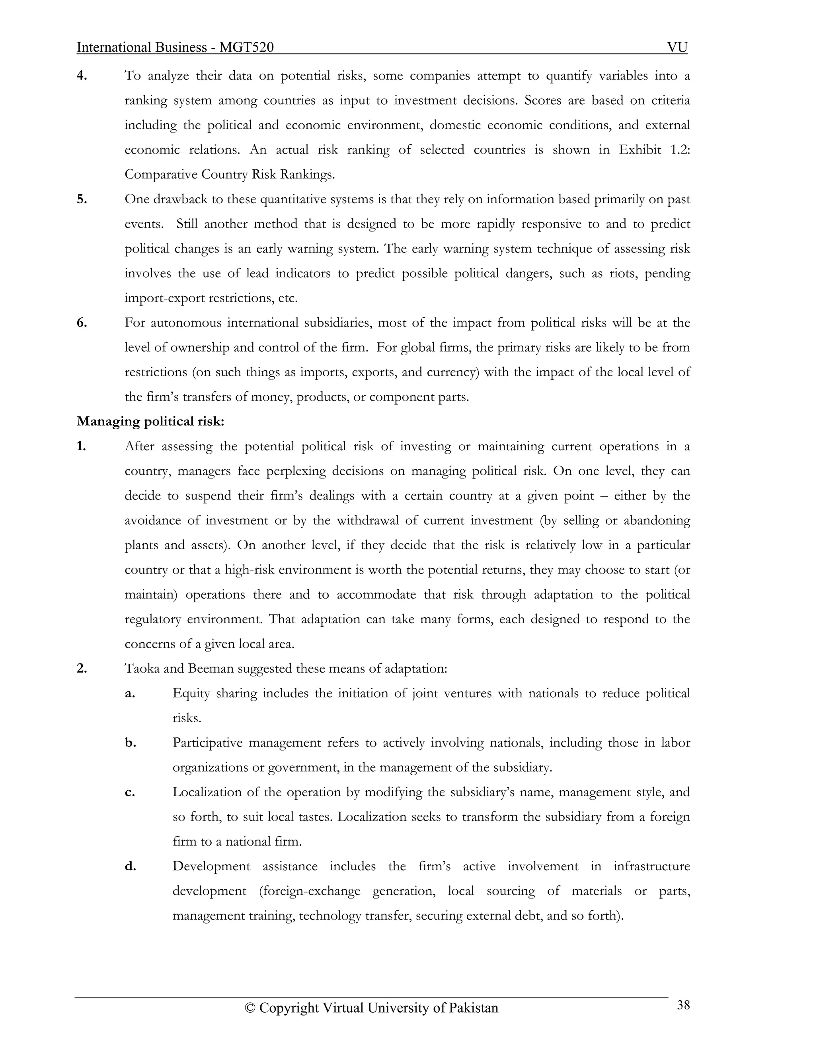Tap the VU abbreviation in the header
click(x=677, y=47)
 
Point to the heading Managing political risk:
click(x=151, y=421)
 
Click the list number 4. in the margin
click(x=82, y=76)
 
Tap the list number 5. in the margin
click(x=82, y=199)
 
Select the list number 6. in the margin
click(x=82, y=323)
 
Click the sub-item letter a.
click(x=130, y=694)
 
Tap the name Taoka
click(x=142, y=669)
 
